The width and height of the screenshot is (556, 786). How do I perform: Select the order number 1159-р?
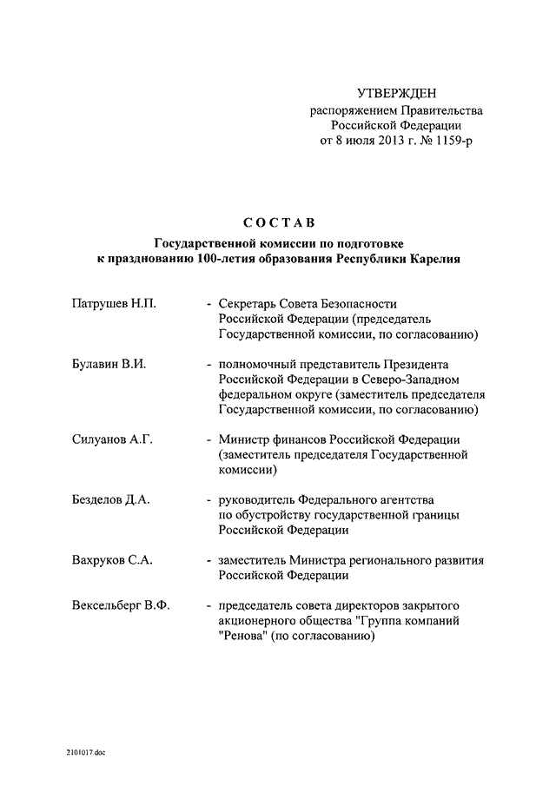click(455, 141)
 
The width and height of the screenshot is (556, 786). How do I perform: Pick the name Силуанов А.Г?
click(112, 439)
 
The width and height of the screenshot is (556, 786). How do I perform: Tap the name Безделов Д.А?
click(110, 499)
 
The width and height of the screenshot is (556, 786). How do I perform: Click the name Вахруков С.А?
click(111, 560)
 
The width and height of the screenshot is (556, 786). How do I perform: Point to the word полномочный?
click(259, 365)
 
